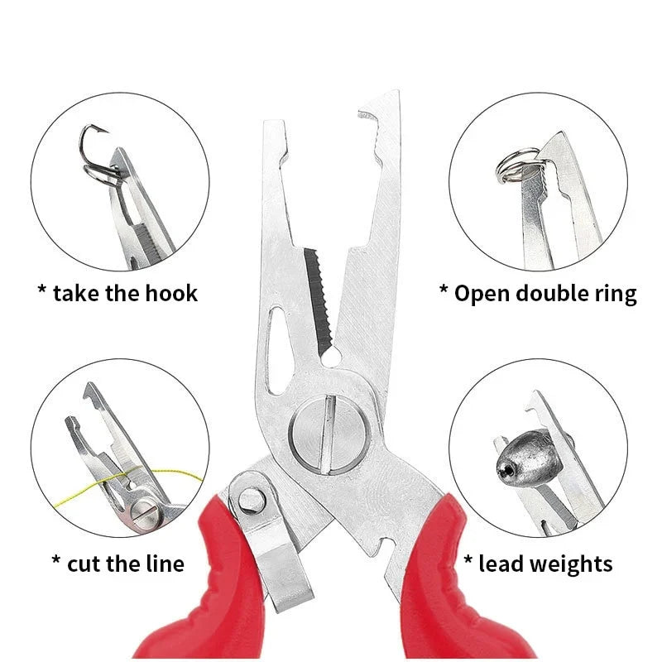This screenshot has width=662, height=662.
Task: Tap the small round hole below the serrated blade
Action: tap(330, 357)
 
